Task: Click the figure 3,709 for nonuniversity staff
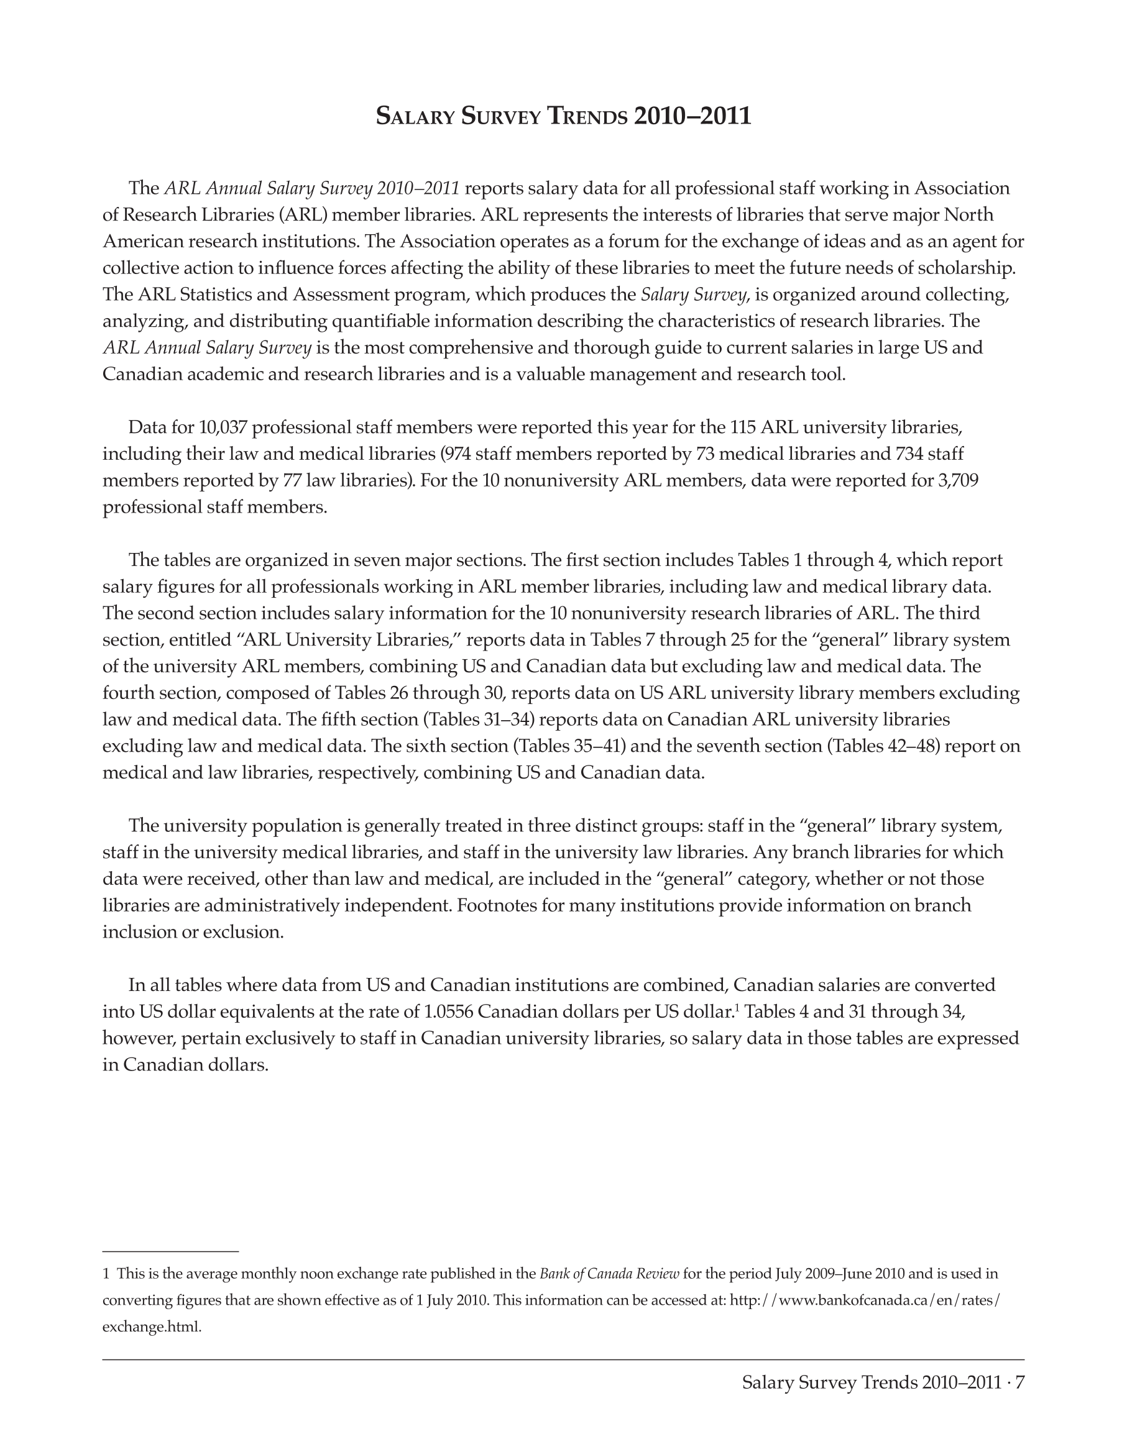(x=957, y=480)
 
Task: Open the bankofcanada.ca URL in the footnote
(x=865, y=1299)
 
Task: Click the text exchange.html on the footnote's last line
(x=151, y=1327)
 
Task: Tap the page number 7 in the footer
(x=1019, y=1382)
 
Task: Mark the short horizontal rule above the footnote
(x=170, y=1251)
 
